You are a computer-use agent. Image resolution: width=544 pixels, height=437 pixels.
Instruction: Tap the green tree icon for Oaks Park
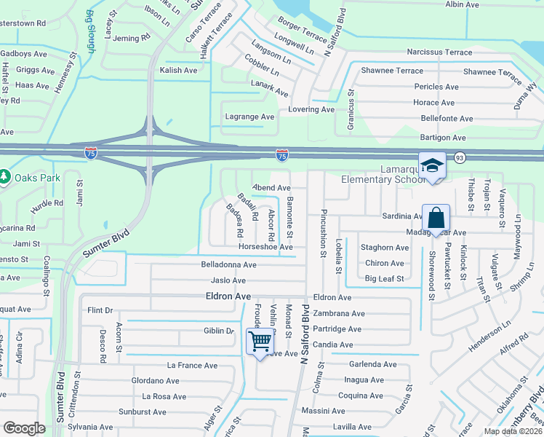(x=4, y=177)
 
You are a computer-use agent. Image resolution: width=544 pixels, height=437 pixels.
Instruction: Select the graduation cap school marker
(x=432, y=166)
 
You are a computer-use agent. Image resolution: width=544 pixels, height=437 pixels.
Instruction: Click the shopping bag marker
(x=436, y=218)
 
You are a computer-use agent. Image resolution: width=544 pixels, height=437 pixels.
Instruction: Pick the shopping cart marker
(x=260, y=340)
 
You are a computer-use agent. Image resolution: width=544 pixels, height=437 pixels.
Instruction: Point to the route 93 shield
(x=460, y=157)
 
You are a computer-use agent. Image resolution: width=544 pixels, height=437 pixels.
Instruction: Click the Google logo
(x=24, y=428)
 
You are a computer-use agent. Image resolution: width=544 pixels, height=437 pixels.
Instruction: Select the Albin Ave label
(x=462, y=4)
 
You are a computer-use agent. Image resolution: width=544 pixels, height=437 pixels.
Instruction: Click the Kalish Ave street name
(x=179, y=71)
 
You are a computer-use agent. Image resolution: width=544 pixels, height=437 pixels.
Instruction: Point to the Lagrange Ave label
(x=249, y=117)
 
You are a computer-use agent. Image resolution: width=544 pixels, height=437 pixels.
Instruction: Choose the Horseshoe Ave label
(x=271, y=248)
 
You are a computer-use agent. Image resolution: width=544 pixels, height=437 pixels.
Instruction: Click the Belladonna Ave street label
(x=229, y=265)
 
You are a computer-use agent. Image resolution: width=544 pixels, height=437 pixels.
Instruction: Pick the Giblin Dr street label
(x=219, y=331)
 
